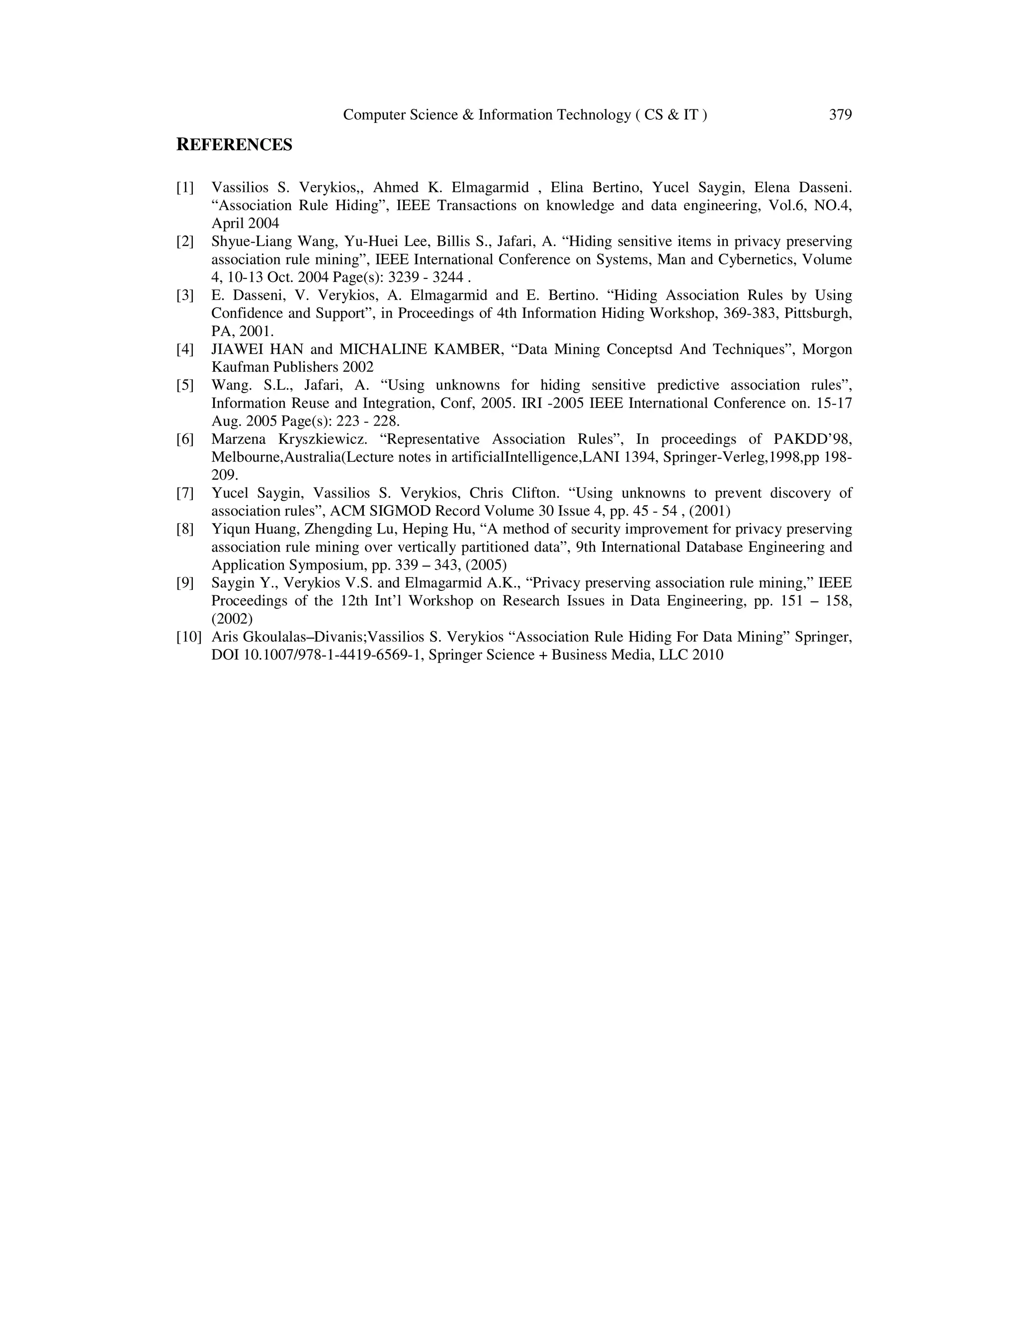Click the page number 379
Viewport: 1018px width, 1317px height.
point(840,115)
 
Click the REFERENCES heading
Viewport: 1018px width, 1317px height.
point(234,145)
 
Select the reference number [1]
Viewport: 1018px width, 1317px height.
point(185,187)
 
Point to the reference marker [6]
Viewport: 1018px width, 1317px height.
point(185,439)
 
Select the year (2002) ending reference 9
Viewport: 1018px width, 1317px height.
point(232,619)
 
